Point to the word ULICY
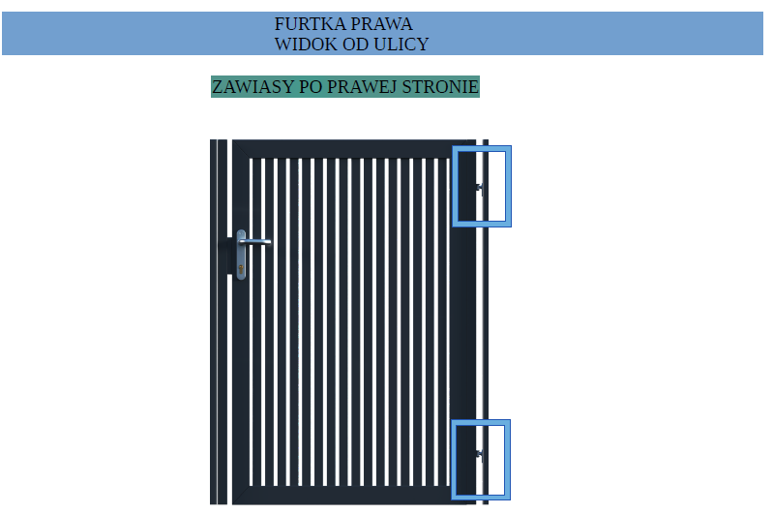(401, 45)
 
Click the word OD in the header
(355, 45)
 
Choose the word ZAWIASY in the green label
(253, 87)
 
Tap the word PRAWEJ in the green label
(362, 87)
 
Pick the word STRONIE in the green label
(440, 87)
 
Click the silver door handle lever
(255, 242)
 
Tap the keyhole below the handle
(241, 269)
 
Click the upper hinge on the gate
(479, 188)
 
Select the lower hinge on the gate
(479, 454)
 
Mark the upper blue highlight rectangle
(455, 187)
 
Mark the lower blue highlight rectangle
(454, 460)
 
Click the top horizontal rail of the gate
(354, 148)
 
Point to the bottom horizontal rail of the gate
(354, 496)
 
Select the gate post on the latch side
(219, 321)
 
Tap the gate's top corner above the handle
(233, 140)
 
